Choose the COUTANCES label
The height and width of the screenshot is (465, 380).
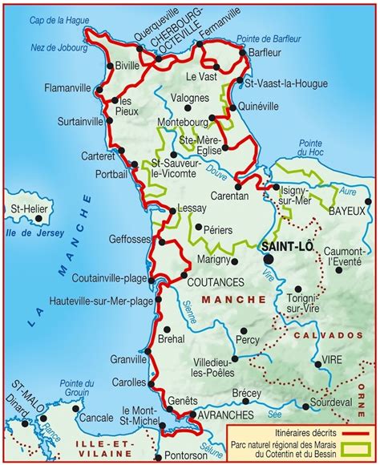(x=215, y=282)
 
